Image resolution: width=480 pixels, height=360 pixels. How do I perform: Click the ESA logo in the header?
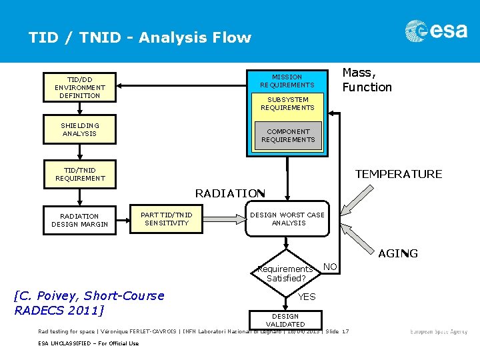[436, 31]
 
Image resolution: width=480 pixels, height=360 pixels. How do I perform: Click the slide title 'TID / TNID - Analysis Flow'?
[140, 38]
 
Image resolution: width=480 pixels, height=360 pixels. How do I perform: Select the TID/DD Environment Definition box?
[79, 87]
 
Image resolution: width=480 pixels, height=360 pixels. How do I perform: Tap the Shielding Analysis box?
[79, 129]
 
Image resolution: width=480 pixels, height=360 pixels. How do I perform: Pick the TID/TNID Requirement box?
[79, 174]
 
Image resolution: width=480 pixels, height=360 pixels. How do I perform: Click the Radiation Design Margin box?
[79, 220]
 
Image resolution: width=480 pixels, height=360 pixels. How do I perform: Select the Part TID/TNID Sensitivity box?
[166, 219]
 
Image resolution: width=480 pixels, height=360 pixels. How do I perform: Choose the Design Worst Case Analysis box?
[287, 219]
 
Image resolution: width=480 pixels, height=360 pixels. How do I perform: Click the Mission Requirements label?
[287, 81]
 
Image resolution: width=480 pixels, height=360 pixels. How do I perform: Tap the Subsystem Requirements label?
[287, 103]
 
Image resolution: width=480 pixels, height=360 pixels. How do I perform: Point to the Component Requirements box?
[288, 135]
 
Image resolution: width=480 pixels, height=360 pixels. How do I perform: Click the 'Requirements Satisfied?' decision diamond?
[286, 273]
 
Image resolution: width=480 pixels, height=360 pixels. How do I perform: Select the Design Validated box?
[285, 320]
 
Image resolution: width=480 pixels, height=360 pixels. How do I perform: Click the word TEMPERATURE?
[398, 174]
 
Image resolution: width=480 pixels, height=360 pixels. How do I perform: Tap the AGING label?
[397, 253]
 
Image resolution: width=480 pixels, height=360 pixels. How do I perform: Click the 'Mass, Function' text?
[367, 80]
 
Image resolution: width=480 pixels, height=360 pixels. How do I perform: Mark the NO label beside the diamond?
[329, 267]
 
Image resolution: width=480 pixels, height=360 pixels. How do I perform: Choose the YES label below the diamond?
[307, 297]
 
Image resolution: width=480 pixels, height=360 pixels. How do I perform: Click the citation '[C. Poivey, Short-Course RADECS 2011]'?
[89, 303]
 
